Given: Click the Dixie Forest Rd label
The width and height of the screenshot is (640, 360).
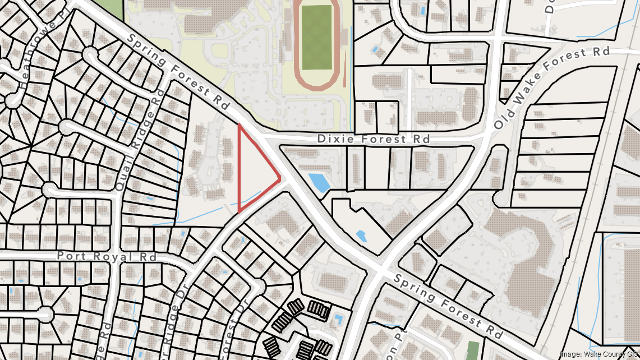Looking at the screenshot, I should (373, 139).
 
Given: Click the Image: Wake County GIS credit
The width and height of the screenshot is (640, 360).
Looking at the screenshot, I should (599, 353).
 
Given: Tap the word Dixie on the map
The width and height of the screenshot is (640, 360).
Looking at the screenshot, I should (333, 139).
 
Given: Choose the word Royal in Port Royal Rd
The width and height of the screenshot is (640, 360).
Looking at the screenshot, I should (115, 256).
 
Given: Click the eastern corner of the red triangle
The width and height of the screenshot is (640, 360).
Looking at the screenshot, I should (280, 178).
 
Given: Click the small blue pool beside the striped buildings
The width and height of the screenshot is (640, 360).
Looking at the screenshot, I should (338, 320).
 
